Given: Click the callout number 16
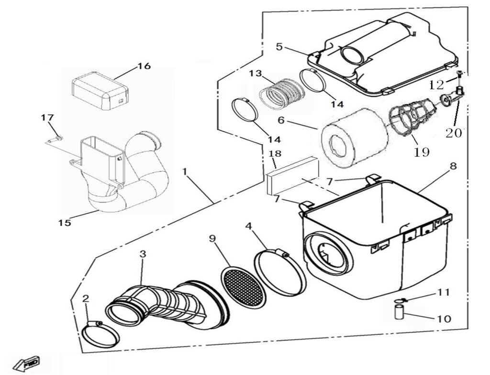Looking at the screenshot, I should [144, 66].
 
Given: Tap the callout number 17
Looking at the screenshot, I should [47, 117].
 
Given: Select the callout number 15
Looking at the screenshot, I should [65, 223].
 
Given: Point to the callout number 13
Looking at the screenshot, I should [256, 73].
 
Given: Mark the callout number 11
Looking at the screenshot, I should [443, 292].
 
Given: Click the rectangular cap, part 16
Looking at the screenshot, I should [100, 89].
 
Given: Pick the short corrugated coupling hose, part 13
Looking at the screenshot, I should [282, 94].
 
